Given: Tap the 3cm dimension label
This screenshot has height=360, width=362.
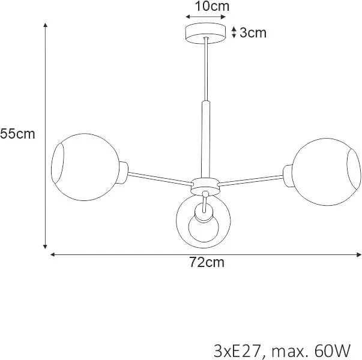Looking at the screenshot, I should pyautogui.click(x=253, y=32).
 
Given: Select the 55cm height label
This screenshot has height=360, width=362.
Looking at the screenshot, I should pyautogui.click(x=17, y=134).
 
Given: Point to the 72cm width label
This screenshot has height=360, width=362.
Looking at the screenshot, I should pyautogui.click(x=206, y=262).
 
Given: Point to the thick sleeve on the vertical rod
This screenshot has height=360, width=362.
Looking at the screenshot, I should pyautogui.click(x=206, y=139).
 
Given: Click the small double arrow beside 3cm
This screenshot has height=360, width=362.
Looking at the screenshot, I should pyautogui.click(x=234, y=32).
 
